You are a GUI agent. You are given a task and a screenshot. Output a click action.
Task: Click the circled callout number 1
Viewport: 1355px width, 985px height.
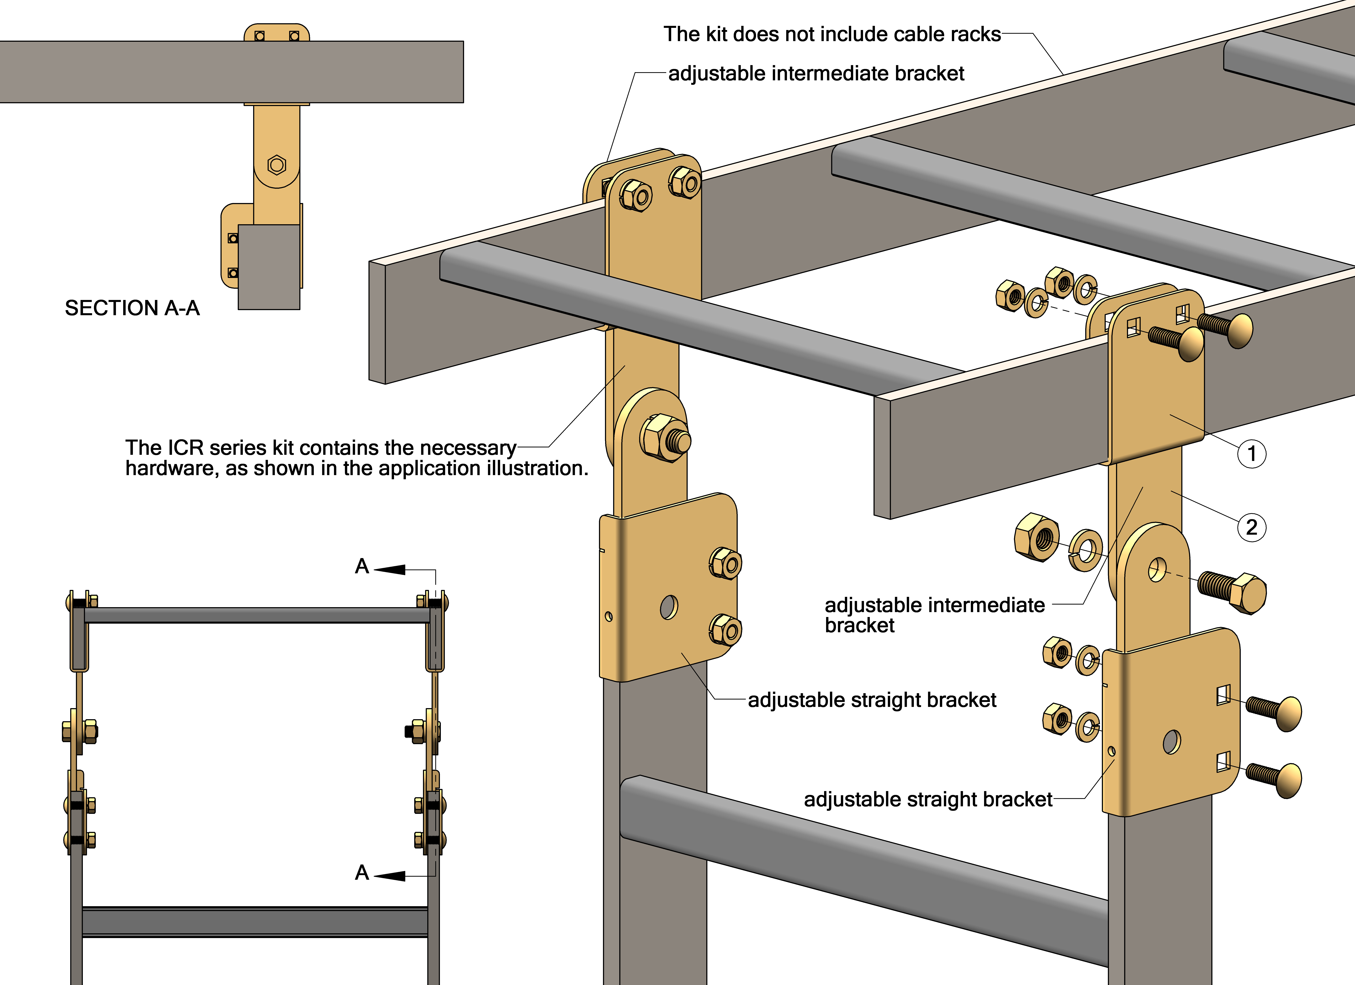coord(1251,453)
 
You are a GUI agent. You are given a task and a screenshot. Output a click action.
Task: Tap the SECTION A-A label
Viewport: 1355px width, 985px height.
coord(132,308)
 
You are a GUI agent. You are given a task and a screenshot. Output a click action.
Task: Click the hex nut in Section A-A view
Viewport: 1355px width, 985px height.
coord(277,164)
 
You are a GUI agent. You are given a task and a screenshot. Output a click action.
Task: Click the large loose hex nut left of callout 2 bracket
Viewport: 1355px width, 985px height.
coord(1037,536)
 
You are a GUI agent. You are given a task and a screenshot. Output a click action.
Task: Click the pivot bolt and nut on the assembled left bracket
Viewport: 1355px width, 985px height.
coord(665,439)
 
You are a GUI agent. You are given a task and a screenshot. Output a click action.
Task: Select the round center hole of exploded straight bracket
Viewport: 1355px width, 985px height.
coord(1172,742)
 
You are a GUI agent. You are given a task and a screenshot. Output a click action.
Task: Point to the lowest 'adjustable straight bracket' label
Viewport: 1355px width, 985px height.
coord(928,799)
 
